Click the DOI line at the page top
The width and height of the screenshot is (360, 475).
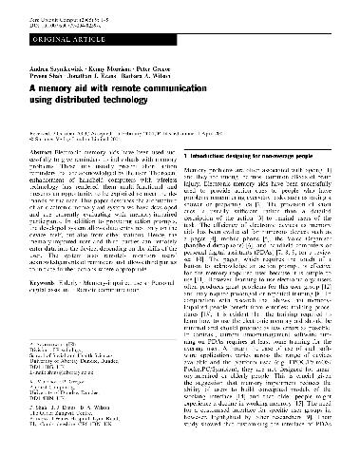[x=67, y=17]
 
